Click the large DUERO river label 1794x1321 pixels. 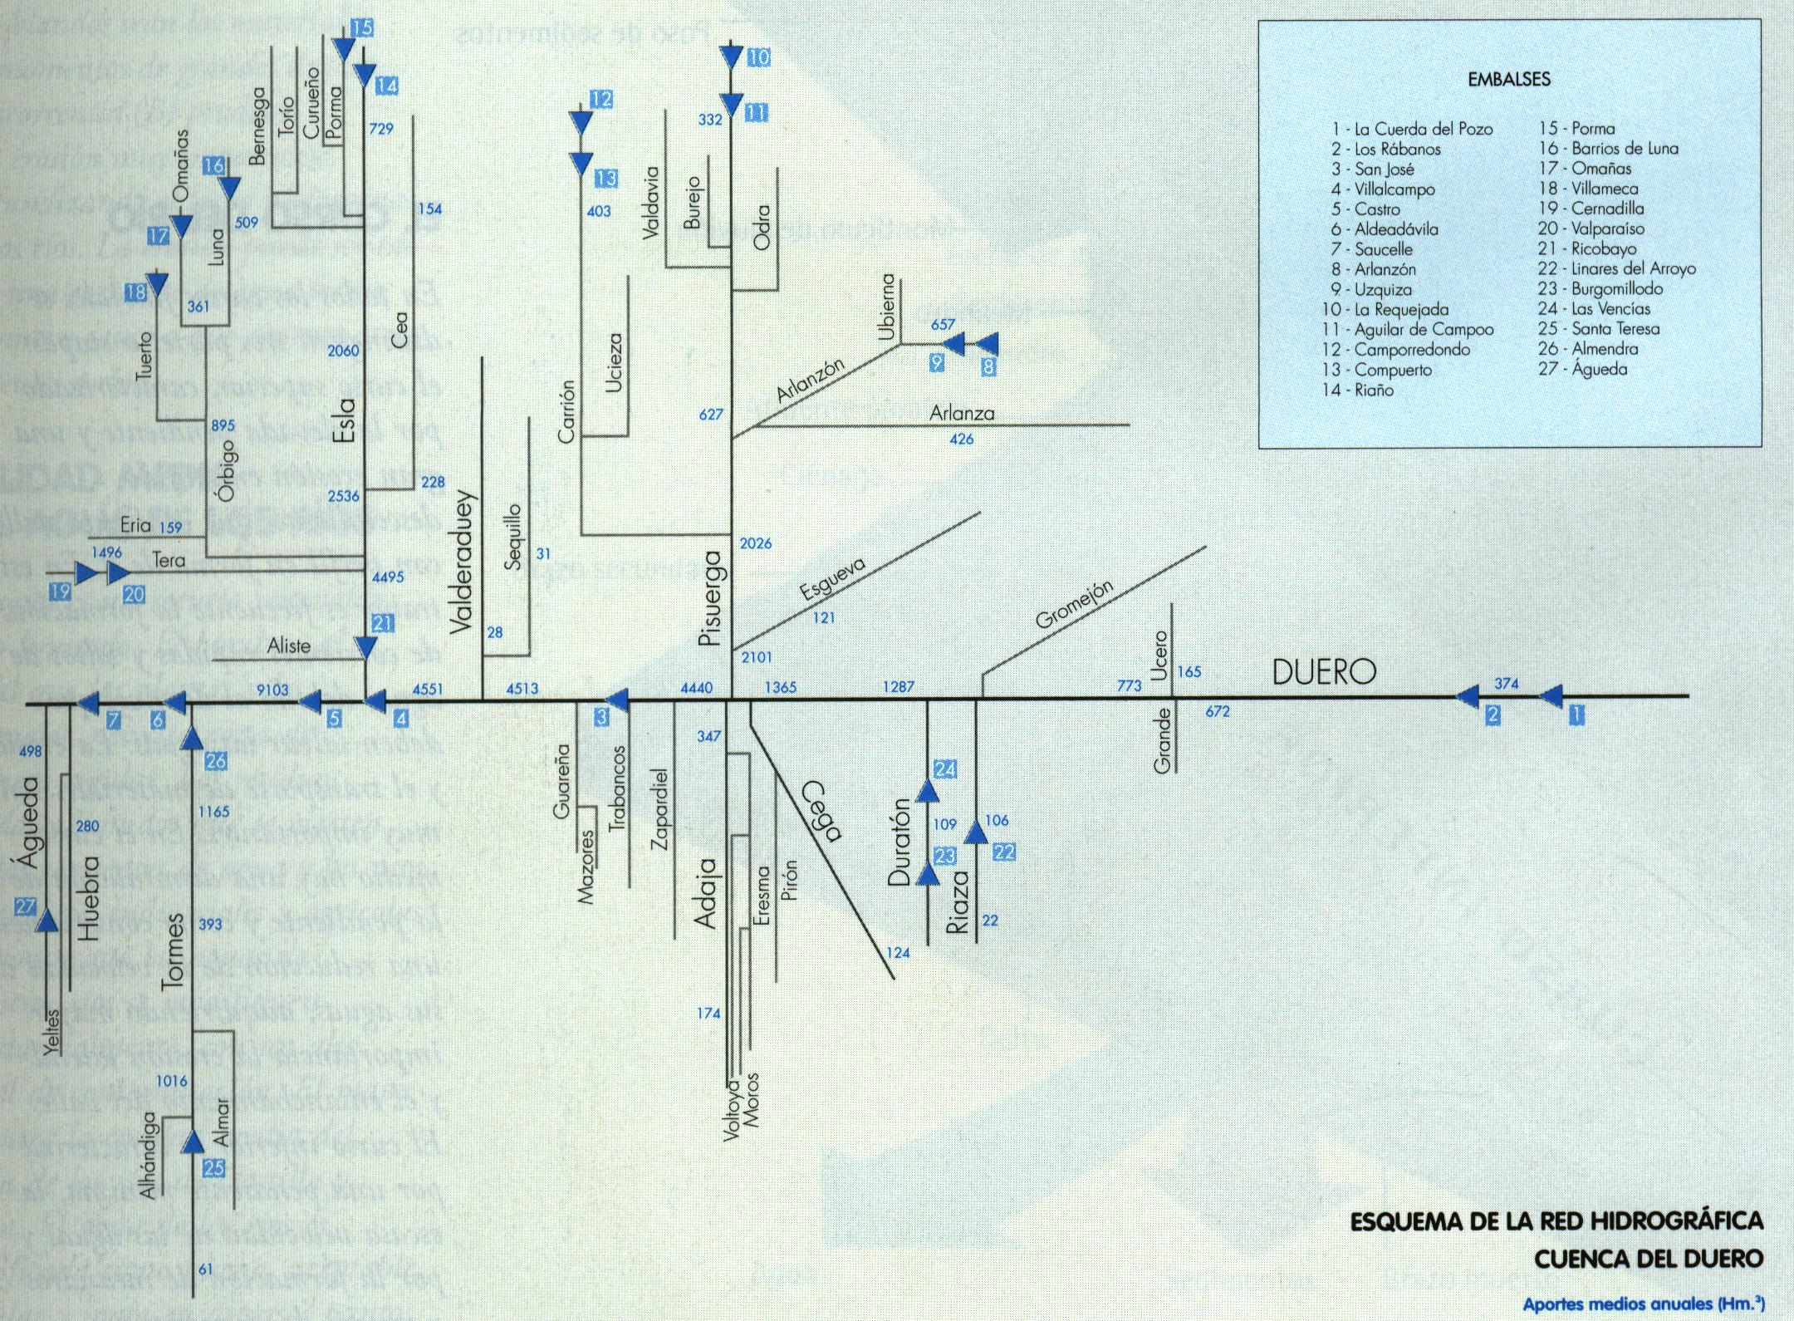1324,672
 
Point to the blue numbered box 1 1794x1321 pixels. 1574,714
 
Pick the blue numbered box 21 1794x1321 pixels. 383,623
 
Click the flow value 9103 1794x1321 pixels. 272,689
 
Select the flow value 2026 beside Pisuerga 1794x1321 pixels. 755,543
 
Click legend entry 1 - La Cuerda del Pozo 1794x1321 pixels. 1411,130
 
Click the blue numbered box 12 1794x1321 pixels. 600,100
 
